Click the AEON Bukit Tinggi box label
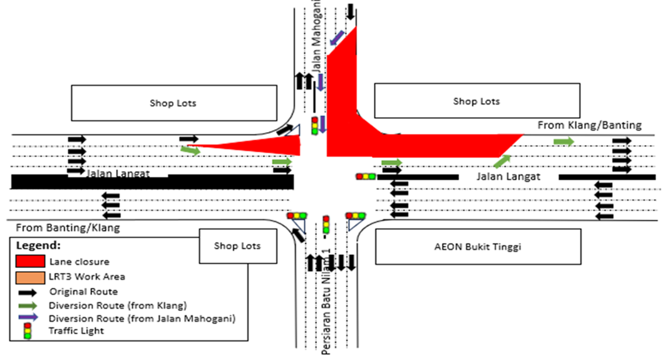478,247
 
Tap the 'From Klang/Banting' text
589,125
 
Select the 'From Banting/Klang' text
68,228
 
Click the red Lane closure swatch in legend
30,261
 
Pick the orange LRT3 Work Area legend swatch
30,277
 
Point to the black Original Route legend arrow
28,292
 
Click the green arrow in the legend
28,306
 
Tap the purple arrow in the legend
28,317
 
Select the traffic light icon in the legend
28,331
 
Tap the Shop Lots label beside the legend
237,246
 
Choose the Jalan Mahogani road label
316,36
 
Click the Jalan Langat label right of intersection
508,177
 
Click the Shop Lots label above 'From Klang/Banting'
477,101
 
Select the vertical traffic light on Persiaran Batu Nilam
326,225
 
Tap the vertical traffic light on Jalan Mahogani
315,126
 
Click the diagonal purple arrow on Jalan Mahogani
338,38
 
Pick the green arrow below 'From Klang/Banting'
564,141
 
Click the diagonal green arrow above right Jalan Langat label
502,162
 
